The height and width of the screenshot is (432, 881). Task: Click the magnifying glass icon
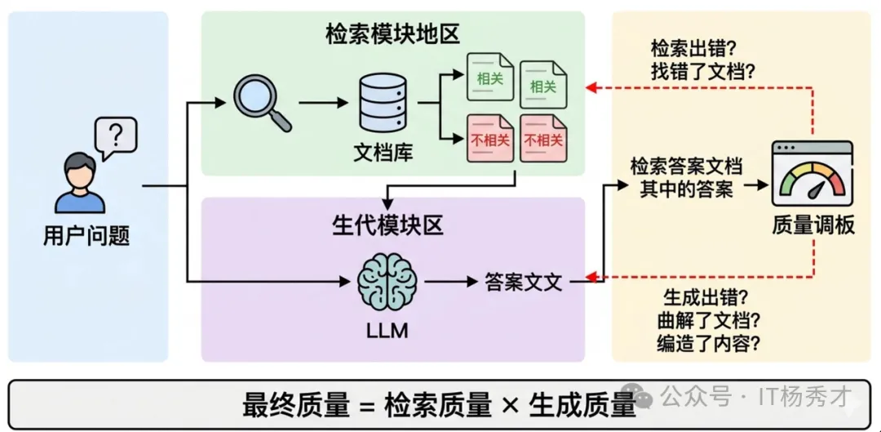261,103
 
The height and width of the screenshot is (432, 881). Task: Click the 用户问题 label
86,236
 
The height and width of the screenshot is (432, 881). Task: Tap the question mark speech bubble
115,137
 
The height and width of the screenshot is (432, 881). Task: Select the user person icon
79,186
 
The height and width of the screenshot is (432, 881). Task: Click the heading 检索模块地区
392,33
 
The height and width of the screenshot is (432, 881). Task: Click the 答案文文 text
523,283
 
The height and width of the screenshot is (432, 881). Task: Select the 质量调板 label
813,225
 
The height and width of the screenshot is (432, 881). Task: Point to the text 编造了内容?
709,344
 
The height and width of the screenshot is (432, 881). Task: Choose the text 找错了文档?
702,72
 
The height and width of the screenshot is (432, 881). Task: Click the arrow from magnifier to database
325,104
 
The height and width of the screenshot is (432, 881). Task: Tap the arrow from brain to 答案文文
449,283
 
